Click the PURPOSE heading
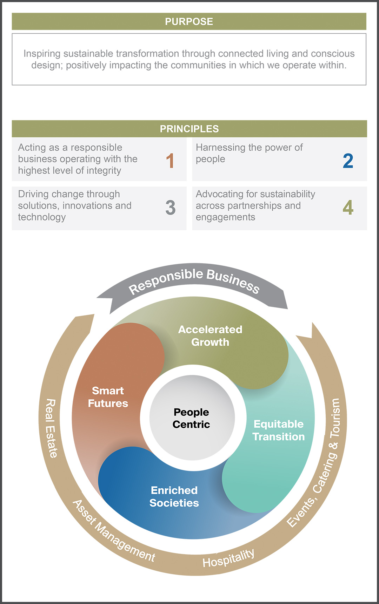(189, 22)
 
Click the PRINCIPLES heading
(189, 129)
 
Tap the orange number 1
(170, 161)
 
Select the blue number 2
(348, 161)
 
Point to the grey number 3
(170, 208)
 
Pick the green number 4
(348, 208)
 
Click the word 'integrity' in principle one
(104, 171)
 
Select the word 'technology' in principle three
(42, 217)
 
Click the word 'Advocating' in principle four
(219, 194)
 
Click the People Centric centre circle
(192, 418)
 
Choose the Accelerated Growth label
(210, 336)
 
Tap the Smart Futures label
(108, 397)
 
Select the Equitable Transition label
(279, 430)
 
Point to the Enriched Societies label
(174, 497)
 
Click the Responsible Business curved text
(194, 280)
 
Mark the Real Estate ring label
(51, 428)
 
